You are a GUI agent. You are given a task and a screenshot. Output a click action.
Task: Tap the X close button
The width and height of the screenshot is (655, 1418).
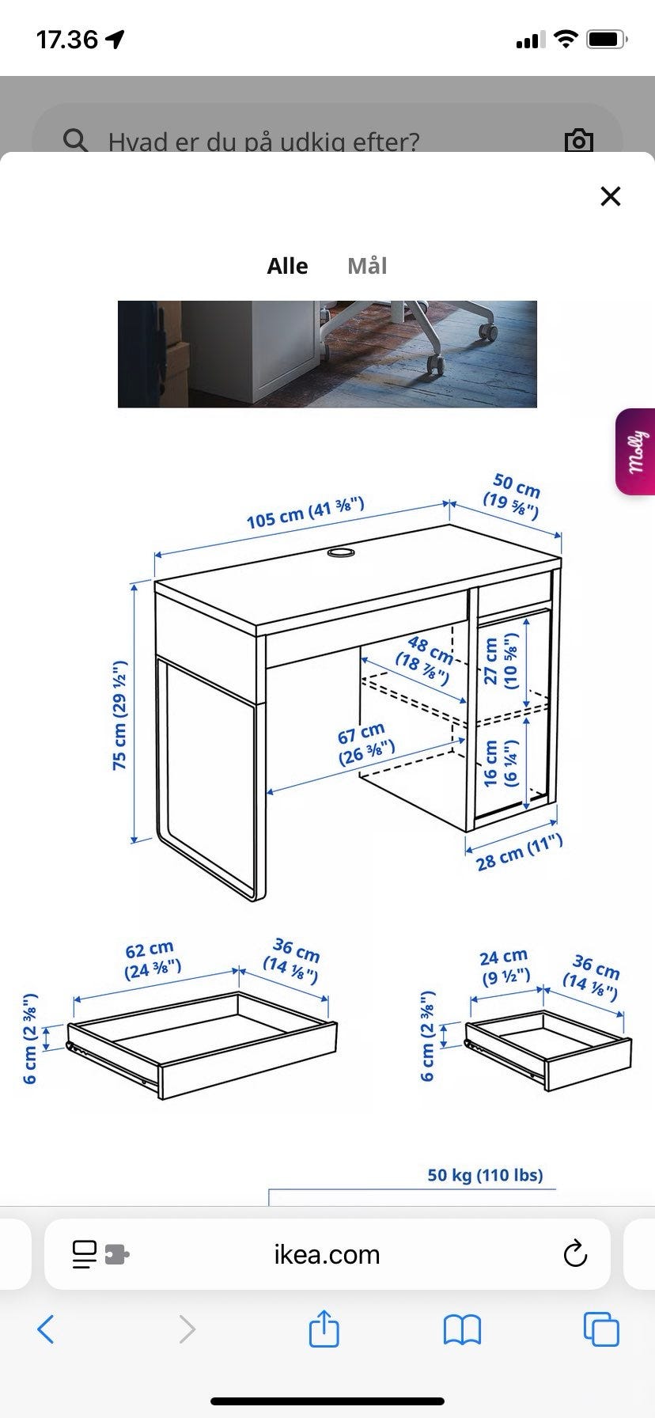[611, 196]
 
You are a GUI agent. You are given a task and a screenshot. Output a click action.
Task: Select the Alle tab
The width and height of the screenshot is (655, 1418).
[287, 266]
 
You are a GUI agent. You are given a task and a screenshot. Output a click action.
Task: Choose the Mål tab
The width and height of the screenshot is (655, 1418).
[367, 266]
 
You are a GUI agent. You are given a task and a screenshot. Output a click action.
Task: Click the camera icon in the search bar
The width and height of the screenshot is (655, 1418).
[579, 140]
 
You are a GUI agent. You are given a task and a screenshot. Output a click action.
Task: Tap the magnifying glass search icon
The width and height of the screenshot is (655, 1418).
[75, 140]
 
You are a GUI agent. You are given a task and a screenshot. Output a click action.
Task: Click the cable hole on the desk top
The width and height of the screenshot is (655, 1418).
[342, 552]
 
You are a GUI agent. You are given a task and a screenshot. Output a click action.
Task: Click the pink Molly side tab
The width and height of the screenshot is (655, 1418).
[636, 452]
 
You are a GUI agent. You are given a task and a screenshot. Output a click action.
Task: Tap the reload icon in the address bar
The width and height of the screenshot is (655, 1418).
[575, 1254]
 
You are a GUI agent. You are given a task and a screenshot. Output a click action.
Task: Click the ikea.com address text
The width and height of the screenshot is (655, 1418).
[327, 1254]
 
